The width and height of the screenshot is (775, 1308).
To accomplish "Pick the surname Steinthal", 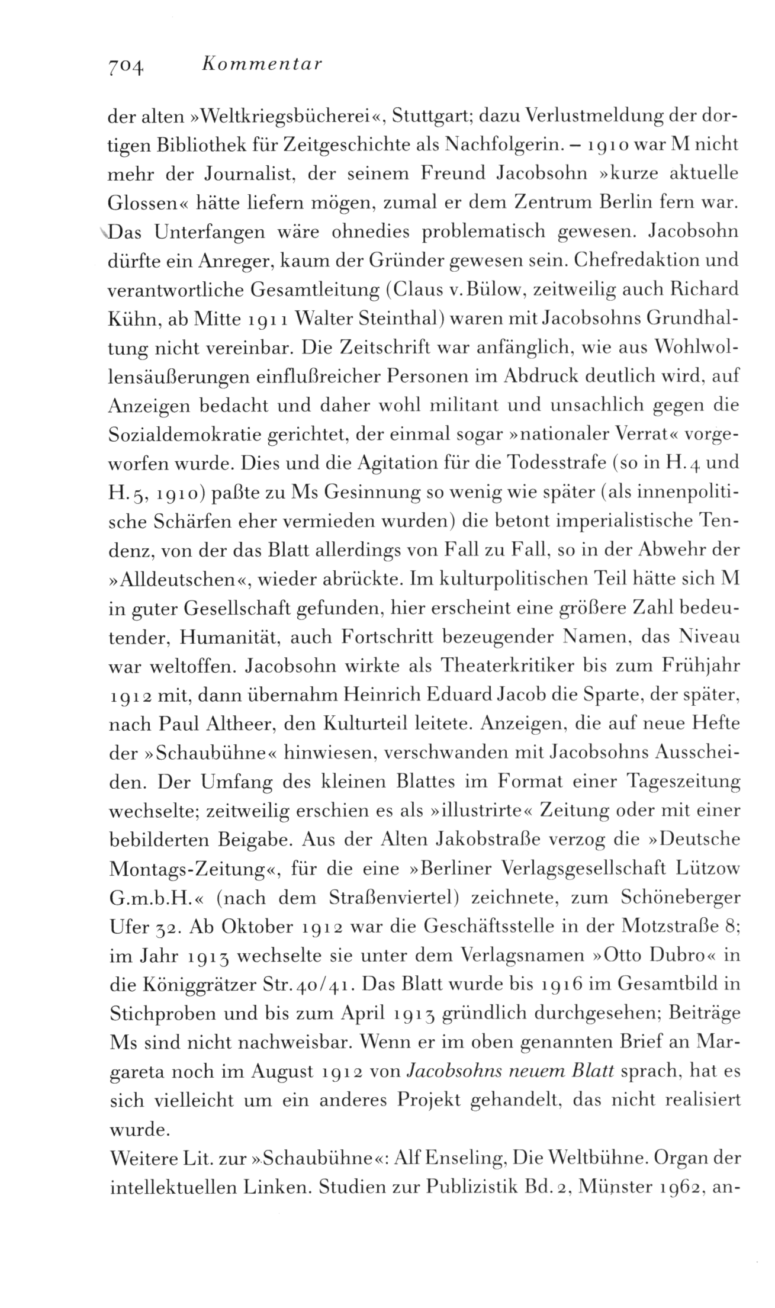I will coord(391,320).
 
